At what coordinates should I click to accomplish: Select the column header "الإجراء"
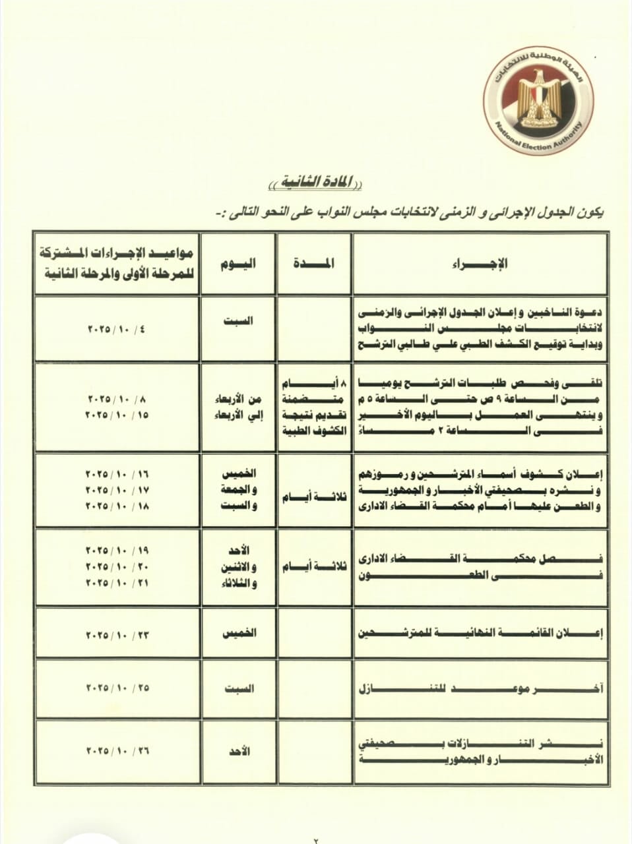click(480, 264)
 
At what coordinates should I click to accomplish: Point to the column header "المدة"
click(314, 264)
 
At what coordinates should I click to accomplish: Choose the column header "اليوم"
click(238, 264)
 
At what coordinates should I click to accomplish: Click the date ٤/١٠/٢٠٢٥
click(116, 328)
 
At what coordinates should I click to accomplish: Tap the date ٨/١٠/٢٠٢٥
click(116, 399)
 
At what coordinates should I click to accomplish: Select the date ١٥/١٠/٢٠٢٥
click(116, 415)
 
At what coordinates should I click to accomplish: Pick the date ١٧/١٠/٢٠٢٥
click(116, 491)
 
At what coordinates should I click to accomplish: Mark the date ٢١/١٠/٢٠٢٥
click(116, 583)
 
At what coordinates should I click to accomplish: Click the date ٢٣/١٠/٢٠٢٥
click(116, 635)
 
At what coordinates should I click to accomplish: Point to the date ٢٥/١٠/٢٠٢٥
click(116, 688)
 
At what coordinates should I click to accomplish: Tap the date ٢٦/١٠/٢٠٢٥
click(116, 751)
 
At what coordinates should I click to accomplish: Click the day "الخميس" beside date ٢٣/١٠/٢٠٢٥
click(239, 633)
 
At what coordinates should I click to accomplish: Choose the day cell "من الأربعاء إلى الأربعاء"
click(239, 407)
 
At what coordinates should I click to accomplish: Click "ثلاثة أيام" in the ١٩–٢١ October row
click(314, 567)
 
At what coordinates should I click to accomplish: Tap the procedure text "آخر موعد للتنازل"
click(480, 689)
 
